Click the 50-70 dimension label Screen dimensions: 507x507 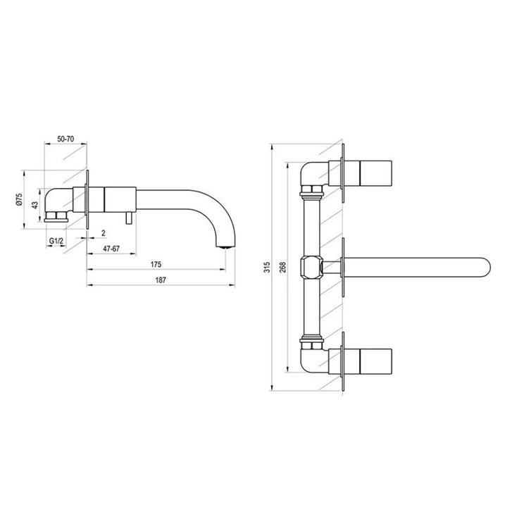coord(65,139)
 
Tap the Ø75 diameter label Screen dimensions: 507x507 coord(19,199)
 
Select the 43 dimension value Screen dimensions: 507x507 coord(35,205)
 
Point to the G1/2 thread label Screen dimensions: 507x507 coord(56,241)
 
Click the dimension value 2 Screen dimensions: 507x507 coord(104,233)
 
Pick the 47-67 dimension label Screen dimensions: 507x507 coord(111,249)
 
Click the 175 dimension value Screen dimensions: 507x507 coord(156,265)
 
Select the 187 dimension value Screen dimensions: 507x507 coord(161,280)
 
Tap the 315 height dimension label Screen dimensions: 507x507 coord(267,267)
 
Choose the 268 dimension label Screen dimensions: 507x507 coord(283,267)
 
